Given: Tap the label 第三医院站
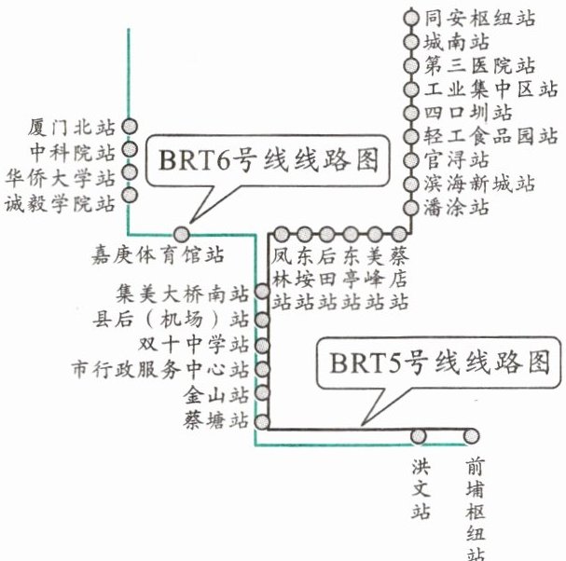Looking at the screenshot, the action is point(479,66).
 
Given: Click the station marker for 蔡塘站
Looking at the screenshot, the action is point(262,417).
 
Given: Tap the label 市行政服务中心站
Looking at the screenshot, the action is point(161,369).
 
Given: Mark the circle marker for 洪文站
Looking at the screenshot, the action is point(420,435).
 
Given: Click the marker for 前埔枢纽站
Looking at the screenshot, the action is point(473,435).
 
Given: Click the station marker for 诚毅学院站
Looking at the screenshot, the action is point(130,197).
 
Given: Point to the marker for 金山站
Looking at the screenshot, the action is point(262,392).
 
